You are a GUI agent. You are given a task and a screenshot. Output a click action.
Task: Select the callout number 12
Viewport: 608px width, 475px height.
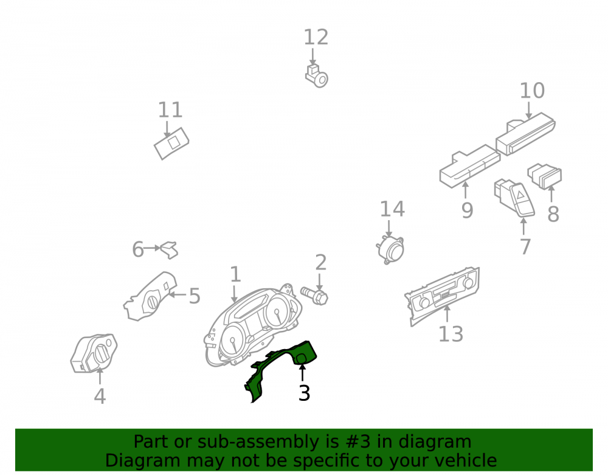316,38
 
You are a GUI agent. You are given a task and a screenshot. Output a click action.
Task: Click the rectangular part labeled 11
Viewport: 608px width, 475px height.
171,143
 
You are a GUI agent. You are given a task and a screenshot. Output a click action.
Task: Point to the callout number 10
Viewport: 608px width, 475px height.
532,91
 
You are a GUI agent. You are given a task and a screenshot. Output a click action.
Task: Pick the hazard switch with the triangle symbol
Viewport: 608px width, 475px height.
514,198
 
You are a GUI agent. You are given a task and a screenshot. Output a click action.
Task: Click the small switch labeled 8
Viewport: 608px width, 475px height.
544,176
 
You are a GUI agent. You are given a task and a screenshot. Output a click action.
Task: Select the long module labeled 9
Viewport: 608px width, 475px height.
469,167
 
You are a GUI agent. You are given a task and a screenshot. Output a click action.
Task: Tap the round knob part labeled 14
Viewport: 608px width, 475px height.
390,249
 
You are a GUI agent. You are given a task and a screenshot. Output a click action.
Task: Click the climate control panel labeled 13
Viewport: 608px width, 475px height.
443,296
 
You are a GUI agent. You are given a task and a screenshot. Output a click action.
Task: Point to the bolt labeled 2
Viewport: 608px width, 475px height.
314,296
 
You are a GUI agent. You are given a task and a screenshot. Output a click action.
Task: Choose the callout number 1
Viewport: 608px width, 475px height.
235,274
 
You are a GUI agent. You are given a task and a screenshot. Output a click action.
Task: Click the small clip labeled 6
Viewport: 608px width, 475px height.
170,250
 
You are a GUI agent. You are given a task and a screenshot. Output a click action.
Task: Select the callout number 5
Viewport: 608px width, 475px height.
195,296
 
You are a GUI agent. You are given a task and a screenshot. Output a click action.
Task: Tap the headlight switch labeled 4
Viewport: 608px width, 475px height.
94,353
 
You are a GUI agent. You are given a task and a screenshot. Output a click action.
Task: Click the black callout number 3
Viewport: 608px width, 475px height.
305,393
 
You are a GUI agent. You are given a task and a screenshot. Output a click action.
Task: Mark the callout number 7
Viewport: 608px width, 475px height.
525,246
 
